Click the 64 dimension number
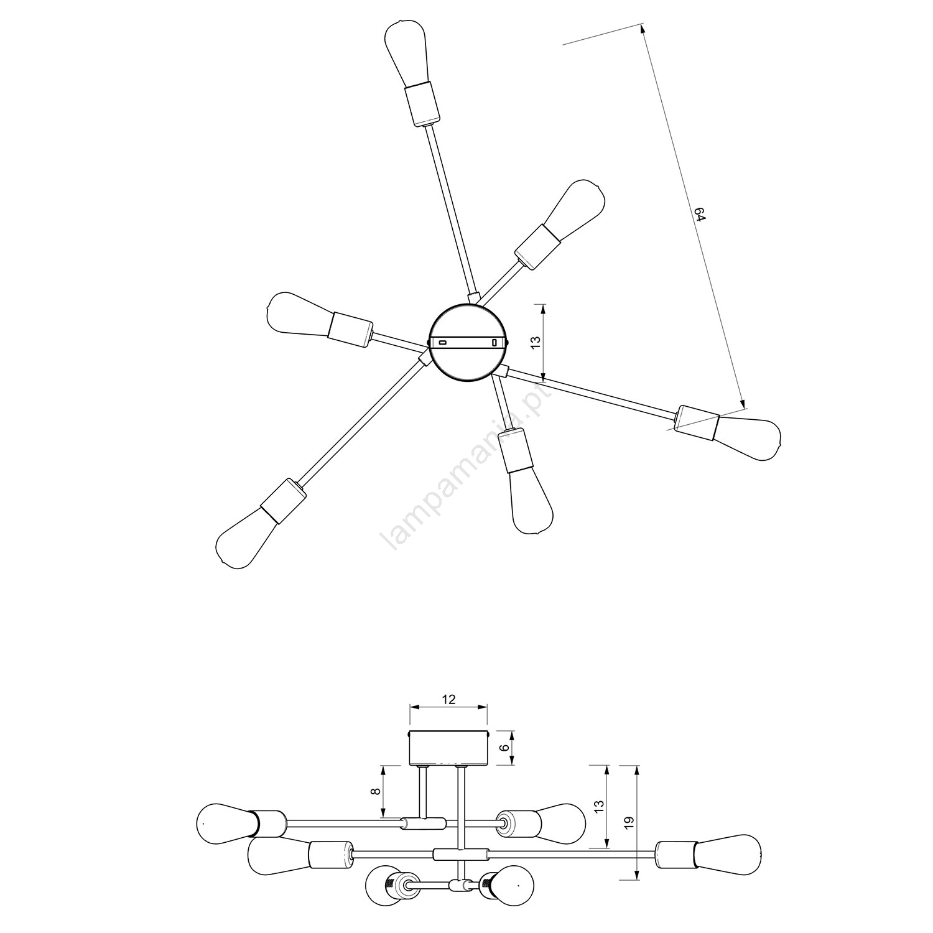[x=700, y=215]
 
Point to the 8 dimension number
[x=374, y=791]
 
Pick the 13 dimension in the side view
[x=599, y=807]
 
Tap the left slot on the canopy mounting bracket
[x=443, y=342]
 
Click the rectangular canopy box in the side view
[x=448, y=748]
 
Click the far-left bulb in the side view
[x=226, y=824]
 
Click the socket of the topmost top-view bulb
[x=422, y=104]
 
